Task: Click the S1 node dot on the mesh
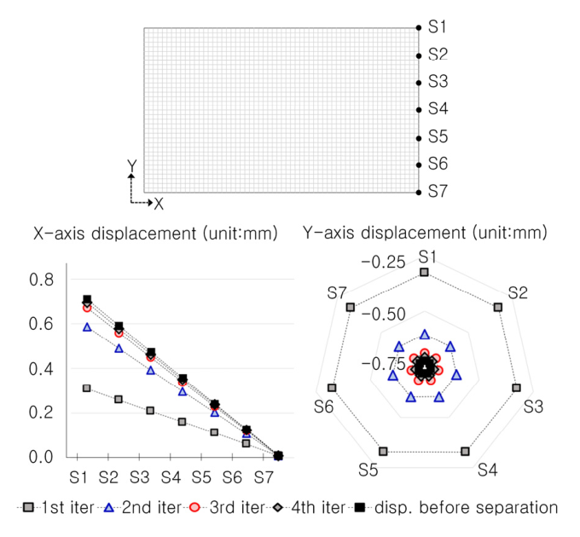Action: [418, 28]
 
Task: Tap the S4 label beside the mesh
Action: [438, 109]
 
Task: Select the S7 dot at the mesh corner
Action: [418, 192]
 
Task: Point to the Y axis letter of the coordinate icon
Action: [130, 165]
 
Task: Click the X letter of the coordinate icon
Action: [159, 204]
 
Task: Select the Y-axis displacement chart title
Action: [426, 232]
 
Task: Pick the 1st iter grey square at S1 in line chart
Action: [86, 388]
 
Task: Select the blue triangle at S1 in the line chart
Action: [86, 326]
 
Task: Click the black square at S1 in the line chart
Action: [86, 299]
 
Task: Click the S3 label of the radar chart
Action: [533, 406]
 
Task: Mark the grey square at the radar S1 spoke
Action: [424, 272]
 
